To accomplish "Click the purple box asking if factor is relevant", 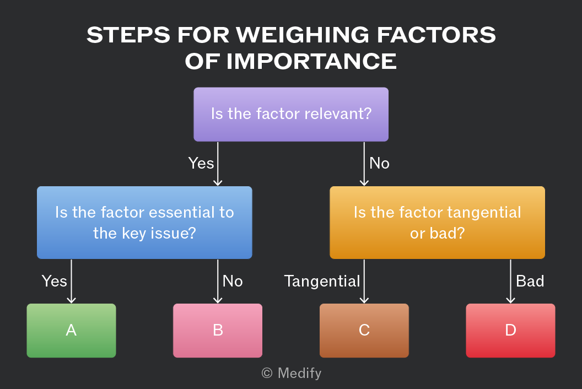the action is click(291, 114).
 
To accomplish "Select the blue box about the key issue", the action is click(144, 223).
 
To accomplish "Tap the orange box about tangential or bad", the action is click(437, 223).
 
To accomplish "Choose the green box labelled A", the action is click(71, 331).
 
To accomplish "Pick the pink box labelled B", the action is click(218, 331).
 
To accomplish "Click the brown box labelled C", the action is click(364, 331).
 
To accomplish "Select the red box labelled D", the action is click(510, 331).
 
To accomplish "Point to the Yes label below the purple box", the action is click(201, 163).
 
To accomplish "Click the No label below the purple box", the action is click(379, 163).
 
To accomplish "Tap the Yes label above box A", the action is click(54, 281).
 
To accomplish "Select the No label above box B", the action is click(233, 281).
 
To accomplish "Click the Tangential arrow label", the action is click(322, 281).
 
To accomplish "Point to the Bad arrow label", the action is click(530, 281).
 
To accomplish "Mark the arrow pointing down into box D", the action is click(510, 282).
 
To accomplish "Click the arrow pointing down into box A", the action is click(71, 282).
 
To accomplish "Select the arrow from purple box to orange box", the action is click(364, 164).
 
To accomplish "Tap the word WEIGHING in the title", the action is click(303, 35).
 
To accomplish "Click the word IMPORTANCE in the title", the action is click(311, 61).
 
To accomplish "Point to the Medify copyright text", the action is click(292, 373).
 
